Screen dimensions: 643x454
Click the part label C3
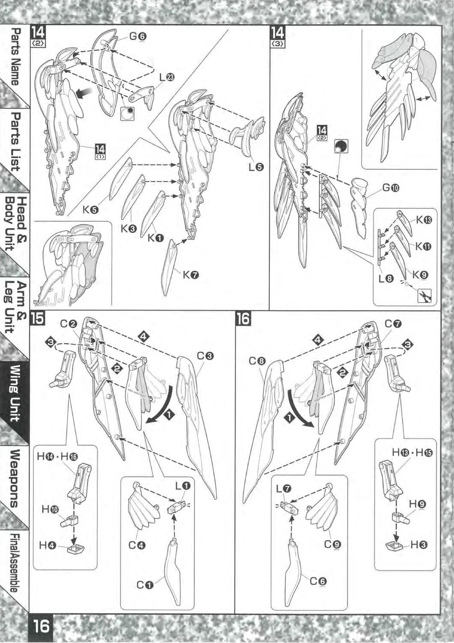[205, 356]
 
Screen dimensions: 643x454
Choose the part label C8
[258, 361]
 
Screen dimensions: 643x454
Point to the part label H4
[47, 545]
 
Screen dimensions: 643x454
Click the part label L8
[386, 279]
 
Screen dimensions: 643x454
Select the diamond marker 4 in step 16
[317, 340]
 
